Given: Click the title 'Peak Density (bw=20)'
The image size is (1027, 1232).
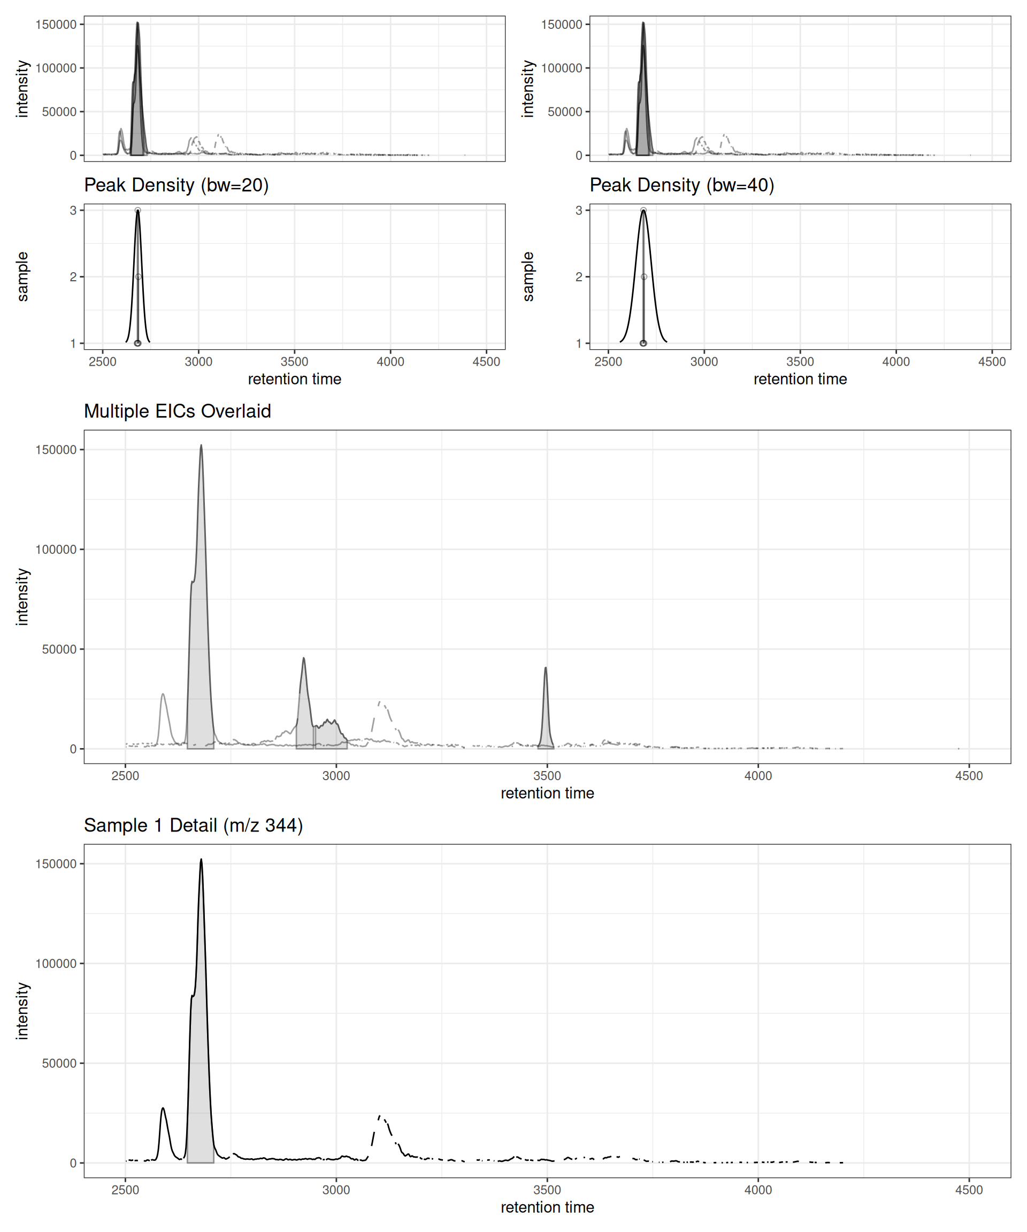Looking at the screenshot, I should (x=176, y=186).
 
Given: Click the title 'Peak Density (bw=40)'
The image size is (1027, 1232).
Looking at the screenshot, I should (x=681, y=186).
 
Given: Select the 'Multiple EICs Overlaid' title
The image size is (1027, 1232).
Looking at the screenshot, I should (x=177, y=411).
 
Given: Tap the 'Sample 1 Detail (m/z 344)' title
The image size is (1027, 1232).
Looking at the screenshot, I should (x=193, y=826).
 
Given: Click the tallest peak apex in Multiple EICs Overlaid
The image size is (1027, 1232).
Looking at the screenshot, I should (x=201, y=446).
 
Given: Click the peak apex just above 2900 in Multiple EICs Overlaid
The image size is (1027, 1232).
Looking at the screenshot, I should (x=303, y=659).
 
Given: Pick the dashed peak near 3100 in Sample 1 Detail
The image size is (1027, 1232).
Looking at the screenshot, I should (x=380, y=1116).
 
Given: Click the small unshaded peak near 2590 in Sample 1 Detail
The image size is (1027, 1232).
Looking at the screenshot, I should (x=163, y=1108).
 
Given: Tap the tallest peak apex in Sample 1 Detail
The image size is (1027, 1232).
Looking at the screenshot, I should (x=201, y=860).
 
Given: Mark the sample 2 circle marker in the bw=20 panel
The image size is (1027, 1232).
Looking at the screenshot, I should (x=138, y=277).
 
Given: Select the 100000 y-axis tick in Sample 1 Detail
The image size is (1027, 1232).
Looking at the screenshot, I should (x=56, y=964).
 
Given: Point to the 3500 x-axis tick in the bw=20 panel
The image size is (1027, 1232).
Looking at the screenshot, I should (x=294, y=362).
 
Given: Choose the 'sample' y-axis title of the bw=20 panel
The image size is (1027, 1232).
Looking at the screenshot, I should (x=22, y=276).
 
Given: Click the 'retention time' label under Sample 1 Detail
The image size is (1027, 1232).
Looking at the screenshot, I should (x=547, y=1207).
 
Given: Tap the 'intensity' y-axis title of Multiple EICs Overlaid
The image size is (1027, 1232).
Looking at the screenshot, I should (x=22, y=597).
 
